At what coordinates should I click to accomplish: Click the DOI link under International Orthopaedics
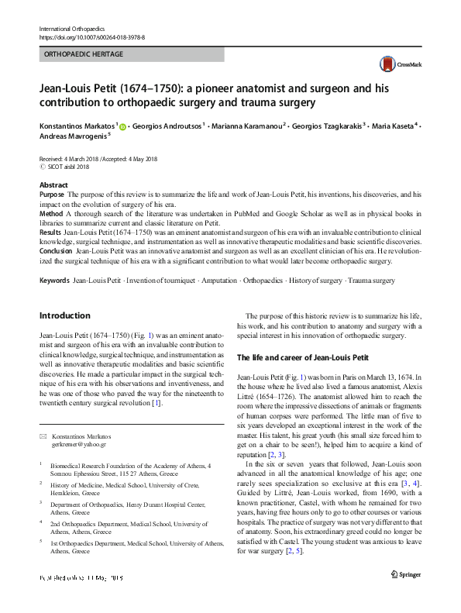click(x=91, y=37)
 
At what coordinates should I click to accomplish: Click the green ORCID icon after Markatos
click(x=122, y=126)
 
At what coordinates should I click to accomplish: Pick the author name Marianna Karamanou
click(x=246, y=125)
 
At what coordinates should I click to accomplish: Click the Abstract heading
click(x=53, y=186)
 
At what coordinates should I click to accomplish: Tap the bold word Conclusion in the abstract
click(x=57, y=251)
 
